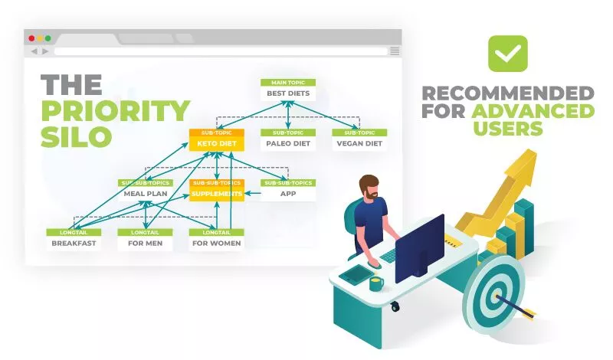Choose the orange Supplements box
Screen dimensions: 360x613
point(217,194)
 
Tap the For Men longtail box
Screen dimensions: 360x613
point(145,243)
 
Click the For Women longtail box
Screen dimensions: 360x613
point(217,243)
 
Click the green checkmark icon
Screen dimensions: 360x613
point(508,54)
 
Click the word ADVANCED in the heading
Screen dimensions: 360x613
point(533,111)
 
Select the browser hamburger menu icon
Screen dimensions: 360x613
point(395,51)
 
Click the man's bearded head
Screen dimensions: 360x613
point(369,188)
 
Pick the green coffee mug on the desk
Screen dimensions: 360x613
point(376,283)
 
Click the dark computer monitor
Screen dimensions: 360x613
point(420,247)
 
